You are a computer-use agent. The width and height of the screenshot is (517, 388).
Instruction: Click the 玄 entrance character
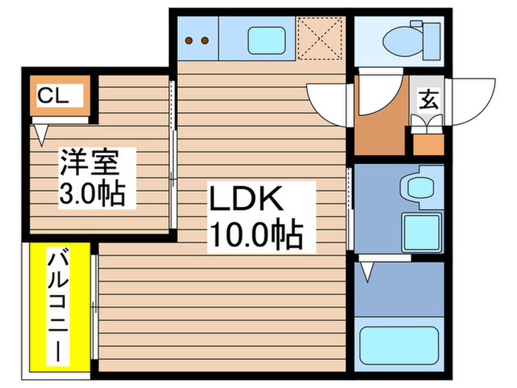tap(428, 98)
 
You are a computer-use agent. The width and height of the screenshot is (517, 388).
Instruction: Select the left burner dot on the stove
tap(189, 39)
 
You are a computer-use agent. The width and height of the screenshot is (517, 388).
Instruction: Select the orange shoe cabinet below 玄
tap(427, 142)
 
